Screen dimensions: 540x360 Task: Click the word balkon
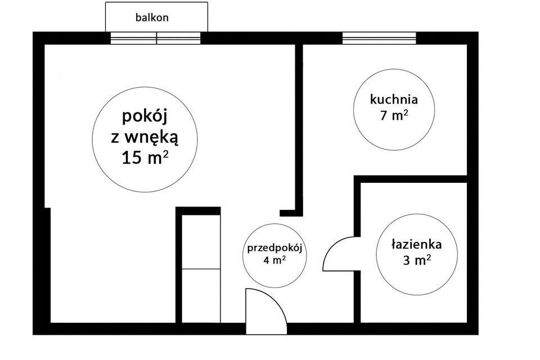tap(152, 17)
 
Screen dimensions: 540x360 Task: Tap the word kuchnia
tap(394, 99)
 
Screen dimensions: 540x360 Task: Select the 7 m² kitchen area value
tap(394, 115)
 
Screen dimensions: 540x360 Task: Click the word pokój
tap(145, 117)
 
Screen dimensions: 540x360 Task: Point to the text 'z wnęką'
tap(145, 138)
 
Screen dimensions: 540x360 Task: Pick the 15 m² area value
tap(145, 157)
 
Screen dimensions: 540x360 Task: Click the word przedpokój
tap(274, 249)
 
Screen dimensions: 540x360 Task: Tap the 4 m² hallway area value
tap(274, 260)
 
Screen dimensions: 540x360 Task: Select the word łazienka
tap(417, 244)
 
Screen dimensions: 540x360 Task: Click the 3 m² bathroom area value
tap(417, 260)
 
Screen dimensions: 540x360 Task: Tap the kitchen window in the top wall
tap(379, 38)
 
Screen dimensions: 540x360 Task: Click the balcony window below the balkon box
tap(155, 38)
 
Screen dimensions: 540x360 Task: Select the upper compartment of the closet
tap(201, 241)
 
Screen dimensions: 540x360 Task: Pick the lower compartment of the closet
tap(201, 295)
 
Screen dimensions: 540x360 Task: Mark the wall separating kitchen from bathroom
tap(411, 179)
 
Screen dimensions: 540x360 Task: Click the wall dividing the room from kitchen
tap(299, 128)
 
